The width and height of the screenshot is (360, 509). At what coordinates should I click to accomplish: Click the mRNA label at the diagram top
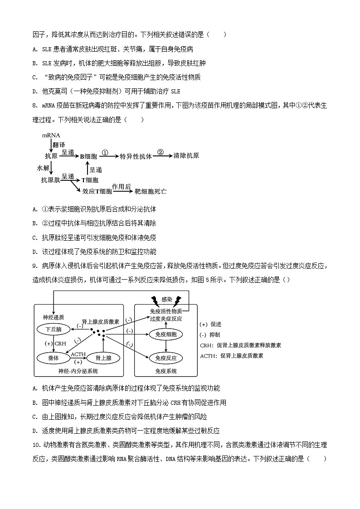tap(51, 136)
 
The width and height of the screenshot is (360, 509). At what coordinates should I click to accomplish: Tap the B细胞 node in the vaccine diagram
tap(89, 156)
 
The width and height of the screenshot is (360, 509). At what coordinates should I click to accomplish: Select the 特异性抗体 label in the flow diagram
tap(136, 156)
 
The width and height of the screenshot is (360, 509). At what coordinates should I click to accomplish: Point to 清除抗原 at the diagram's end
tap(186, 156)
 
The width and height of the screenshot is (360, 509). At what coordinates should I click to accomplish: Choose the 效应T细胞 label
tap(97, 191)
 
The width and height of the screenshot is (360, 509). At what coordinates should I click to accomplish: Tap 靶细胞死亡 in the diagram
tap(151, 191)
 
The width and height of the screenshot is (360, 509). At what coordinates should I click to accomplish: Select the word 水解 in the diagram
tap(43, 168)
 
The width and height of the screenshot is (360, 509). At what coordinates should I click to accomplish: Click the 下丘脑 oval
tap(54, 328)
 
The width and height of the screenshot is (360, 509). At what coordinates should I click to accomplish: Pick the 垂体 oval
tap(53, 358)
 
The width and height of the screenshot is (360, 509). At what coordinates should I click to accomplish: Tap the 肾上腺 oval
tap(101, 358)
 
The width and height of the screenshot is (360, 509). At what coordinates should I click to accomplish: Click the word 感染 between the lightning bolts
tap(166, 299)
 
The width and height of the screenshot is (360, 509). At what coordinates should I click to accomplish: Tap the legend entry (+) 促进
tap(210, 325)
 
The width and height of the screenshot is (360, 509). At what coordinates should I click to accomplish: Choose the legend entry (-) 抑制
tap(210, 335)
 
